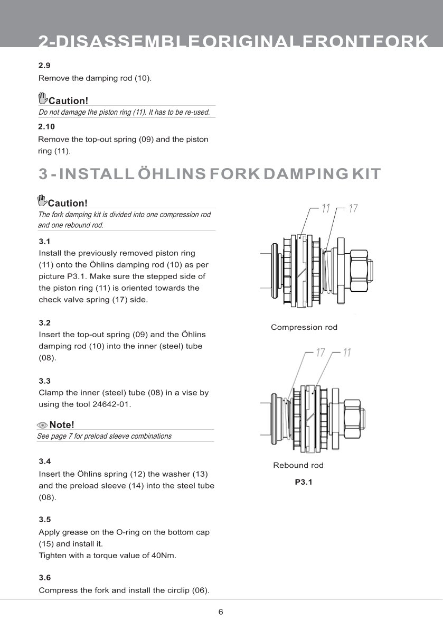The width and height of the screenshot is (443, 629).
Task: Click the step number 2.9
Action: click(x=45, y=66)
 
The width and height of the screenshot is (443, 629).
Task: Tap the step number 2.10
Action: click(x=46, y=127)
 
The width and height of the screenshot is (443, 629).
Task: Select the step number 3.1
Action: click(x=45, y=242)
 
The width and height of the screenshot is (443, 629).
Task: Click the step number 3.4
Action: click(x=45, y=461)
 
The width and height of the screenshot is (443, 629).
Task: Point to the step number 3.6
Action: click(x=45, y=578)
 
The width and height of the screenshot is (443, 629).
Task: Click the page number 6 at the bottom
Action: click(x=221, y=612)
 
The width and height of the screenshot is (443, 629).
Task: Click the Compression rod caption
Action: click(x=304, y=327)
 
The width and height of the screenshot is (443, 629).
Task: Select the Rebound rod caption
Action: click(x=298, y=465)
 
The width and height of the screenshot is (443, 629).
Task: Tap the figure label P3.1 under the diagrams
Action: click(x=304, y=482)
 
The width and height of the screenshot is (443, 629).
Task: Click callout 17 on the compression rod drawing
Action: click(x=353, y=209)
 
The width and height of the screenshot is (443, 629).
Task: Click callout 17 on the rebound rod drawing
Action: click(x=321, y=353)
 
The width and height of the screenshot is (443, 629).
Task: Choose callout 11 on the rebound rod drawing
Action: click(x=347, y=353)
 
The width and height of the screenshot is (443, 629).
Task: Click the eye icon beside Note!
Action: click(x=42, y=425)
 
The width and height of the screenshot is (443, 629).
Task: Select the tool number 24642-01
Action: click(x=111, y=404)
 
